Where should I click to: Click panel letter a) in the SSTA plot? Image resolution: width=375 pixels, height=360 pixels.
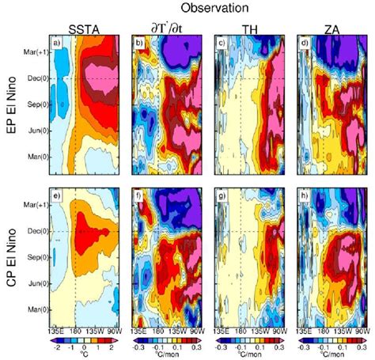(55, 42)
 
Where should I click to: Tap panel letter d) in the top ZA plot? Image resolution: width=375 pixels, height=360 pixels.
(305, 42)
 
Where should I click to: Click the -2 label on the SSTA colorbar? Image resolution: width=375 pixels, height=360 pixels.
(55, 347)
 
